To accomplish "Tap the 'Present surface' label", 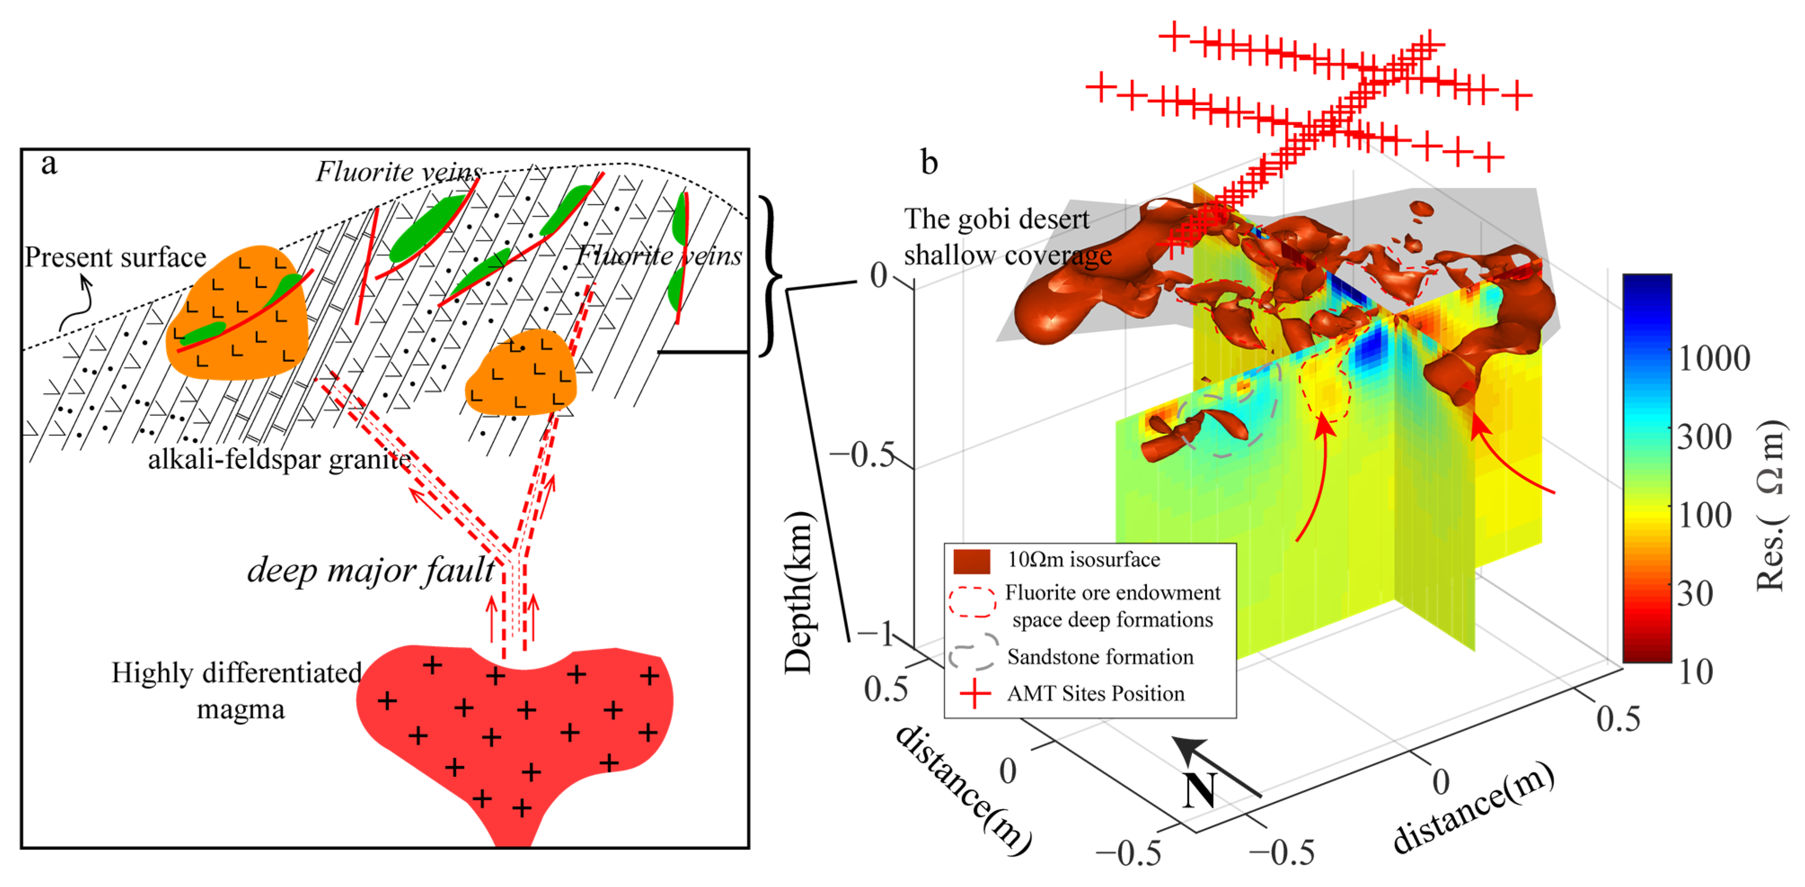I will [x=115, y=257].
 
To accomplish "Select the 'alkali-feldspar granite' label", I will [x=279, y=459].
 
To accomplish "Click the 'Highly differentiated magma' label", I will [x=237, y=691].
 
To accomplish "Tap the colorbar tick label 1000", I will [x=1714, y=359].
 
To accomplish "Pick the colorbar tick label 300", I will [x=1704, y=437].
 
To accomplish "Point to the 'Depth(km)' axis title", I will [x=799, y=593].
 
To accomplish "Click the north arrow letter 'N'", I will [x=1200, y=790].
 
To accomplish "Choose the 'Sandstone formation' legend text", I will [x=1100, y=657].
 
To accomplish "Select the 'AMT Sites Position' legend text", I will [x=1096, y=694].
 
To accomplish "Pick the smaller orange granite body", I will [x=522, y=373].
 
